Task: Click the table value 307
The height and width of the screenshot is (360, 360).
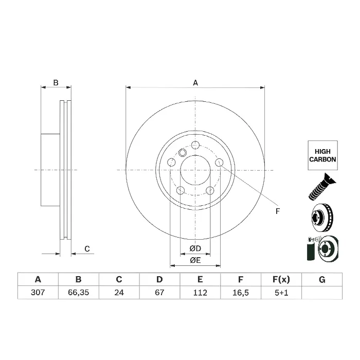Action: tap(38, 293)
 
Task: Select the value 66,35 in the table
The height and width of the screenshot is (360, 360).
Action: tap(79, 293)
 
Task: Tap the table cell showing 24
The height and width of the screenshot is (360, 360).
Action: tap(119, 293)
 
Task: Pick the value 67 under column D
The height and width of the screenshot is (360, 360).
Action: tap(159, 293)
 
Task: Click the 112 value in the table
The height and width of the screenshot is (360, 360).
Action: tap(200, 293)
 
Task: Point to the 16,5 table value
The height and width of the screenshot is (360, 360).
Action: tap(241, 293)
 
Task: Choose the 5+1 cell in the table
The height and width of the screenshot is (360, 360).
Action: tap(281, 293)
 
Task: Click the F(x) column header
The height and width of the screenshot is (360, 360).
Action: tap(281, 279)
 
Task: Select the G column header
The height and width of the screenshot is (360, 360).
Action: tap(322, 280)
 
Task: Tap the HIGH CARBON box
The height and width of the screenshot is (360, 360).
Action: tap(322, 155)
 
